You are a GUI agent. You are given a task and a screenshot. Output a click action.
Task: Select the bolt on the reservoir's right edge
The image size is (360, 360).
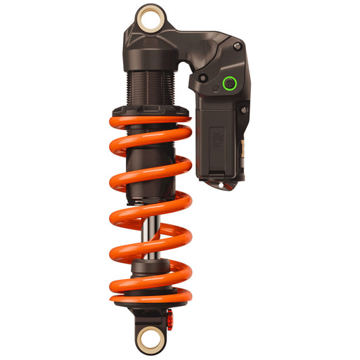(x=243, y=110)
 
